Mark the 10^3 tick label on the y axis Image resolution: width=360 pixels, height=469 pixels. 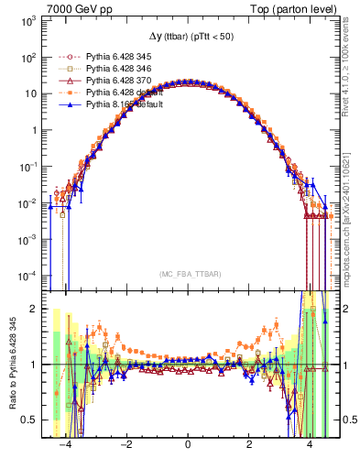[x=28, y=20]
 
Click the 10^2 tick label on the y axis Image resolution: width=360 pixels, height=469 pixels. [x=28, y=57]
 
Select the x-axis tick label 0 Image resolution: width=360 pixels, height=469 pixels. [x=188, y=444]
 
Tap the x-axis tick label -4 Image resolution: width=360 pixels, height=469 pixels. [x=64, y=444]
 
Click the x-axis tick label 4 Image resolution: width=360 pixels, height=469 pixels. [x=310, y=444]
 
